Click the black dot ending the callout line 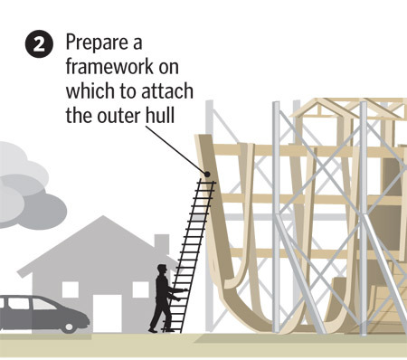[x=207, y=175]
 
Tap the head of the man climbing [x=163, y=269]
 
